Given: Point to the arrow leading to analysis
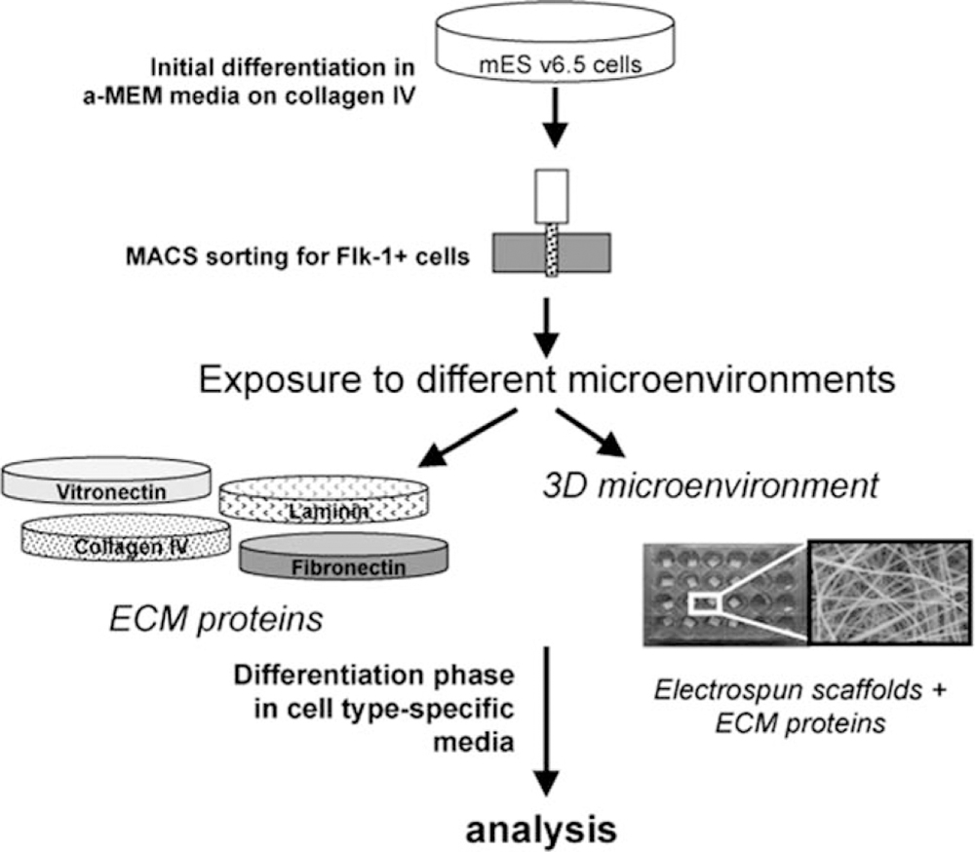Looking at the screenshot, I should click(x=548, y=721).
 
